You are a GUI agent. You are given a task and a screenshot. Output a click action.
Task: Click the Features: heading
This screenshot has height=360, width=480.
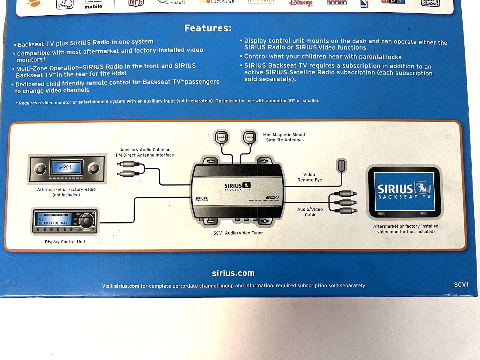[208, 28]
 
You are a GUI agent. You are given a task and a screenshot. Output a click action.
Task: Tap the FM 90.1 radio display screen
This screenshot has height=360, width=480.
[67, 168]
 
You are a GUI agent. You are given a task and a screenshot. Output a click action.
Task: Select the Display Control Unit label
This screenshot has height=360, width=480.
[65, 242]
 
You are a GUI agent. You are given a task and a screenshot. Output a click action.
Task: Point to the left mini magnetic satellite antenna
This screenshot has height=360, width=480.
[221, 137]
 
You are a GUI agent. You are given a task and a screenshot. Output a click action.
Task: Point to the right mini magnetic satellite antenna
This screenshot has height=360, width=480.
[250, 137]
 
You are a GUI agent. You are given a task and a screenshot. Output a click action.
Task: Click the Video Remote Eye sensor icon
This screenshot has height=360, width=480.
[341, 165]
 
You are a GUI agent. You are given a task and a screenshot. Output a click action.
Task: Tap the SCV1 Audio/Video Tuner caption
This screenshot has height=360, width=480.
[238, 233]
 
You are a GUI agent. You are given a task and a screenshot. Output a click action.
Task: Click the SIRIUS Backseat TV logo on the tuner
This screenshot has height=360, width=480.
[237, 187]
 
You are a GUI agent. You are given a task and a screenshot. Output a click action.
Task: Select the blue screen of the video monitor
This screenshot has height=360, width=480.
[404, 191]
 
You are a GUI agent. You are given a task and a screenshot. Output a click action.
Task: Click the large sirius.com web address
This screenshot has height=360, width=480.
[233, 273]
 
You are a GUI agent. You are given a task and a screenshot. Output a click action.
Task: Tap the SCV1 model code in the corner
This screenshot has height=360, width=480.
[461, 284]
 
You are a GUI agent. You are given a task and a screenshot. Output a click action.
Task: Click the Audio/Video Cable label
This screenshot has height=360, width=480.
[310, 212]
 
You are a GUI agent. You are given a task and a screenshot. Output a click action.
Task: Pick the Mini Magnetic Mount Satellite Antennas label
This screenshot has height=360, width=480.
[284, 137]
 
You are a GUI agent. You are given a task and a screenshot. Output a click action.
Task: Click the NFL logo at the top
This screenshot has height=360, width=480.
[136, 3]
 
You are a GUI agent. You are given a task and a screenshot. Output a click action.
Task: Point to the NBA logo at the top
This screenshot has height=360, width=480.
[364, 4]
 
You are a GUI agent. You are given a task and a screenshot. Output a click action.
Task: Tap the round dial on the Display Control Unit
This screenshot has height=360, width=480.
[86, 220]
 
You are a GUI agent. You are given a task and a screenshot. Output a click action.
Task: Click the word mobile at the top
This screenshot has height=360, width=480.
[93, 6]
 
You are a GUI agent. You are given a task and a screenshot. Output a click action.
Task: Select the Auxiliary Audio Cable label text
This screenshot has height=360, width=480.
[145, 152]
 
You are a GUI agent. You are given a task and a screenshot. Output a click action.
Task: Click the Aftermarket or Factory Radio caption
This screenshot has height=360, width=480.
[66, 192]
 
